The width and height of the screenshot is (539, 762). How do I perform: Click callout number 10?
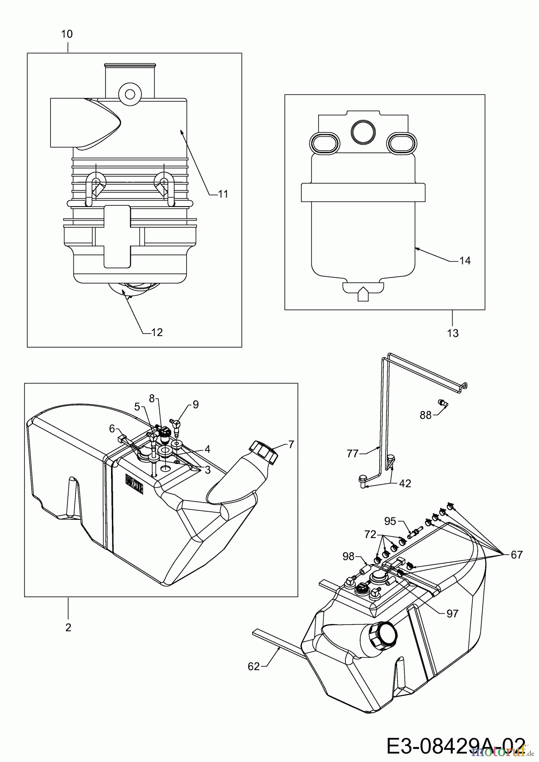67,34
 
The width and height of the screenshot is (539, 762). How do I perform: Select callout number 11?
223,194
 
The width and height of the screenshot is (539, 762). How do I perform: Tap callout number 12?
157,333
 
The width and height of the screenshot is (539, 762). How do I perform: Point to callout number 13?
453,333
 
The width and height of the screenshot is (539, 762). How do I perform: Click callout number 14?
465,261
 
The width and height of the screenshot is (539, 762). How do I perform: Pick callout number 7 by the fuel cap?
291,444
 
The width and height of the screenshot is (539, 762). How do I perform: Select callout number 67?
517,555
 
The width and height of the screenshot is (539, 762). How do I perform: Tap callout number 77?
353,454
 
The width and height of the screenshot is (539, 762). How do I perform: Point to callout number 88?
425,415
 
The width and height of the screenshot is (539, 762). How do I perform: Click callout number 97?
453,613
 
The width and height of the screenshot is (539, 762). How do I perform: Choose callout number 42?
405,483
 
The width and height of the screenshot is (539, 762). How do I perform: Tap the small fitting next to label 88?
442,403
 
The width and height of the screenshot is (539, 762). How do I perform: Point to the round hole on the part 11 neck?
130,93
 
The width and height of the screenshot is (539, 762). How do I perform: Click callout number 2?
68,627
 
